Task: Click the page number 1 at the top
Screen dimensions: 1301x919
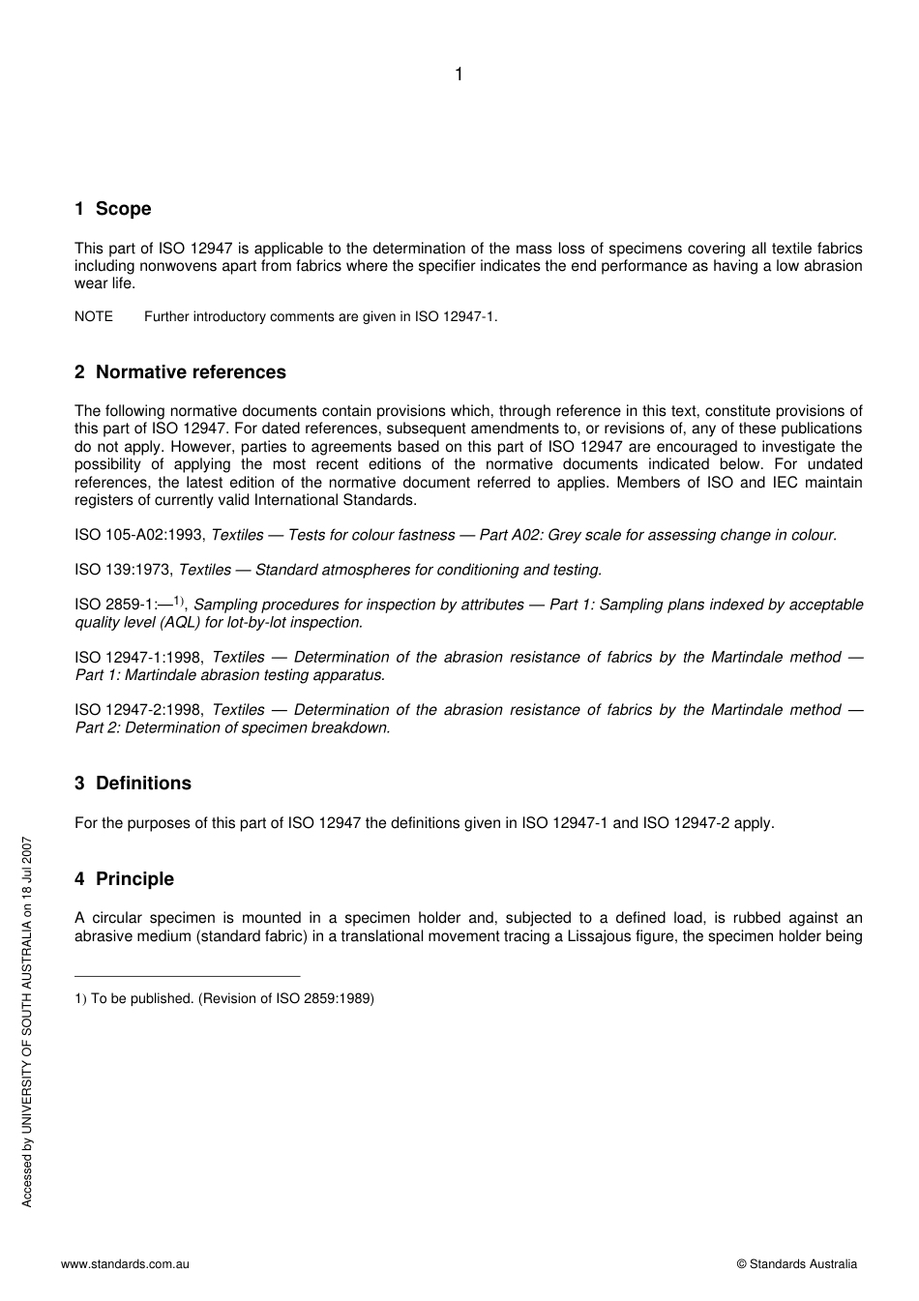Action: [x=459, y=74]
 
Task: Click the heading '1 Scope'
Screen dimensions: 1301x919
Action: [x=113, y=209]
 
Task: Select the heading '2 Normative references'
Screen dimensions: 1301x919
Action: [x=180, y=372]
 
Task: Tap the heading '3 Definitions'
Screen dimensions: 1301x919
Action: [x=133, y=784]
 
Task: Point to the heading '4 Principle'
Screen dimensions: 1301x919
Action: [x=124, y=879]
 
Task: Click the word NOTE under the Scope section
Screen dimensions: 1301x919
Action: [x=94, y=316]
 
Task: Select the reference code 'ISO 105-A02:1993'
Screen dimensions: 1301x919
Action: [x=139, y=535]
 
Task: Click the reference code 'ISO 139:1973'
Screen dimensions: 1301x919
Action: [x=123, y=570]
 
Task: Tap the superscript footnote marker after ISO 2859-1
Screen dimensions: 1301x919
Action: [x=179, y=601]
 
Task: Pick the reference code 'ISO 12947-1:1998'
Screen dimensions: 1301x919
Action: [x=139, y=658]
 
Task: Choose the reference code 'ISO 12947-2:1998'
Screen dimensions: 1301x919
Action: [x=139, y=710]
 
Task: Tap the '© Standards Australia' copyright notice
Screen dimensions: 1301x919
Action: [x=796, y=1263]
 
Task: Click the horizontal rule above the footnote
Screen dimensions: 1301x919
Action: [x=187, y=976]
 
